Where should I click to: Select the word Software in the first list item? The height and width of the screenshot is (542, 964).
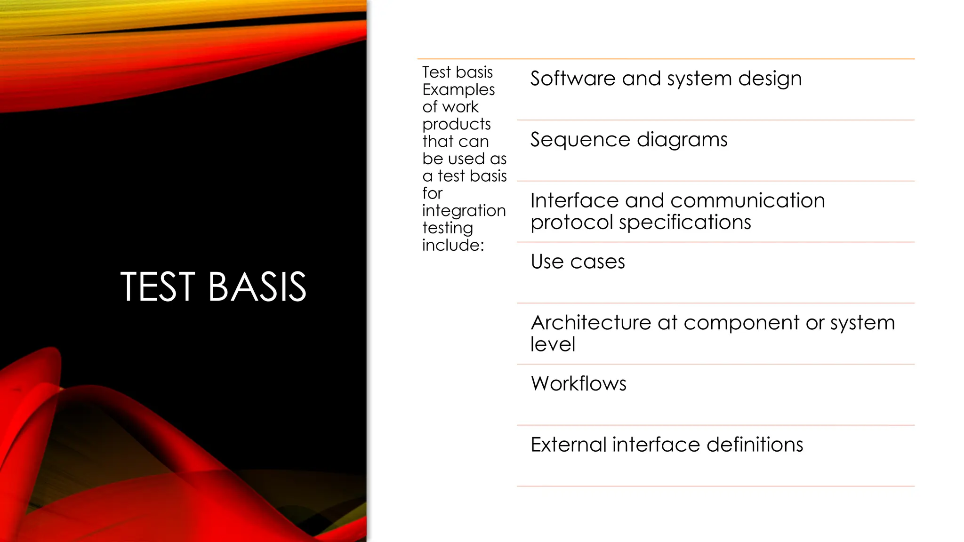(572, 78)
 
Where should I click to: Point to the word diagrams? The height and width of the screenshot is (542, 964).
(682, 140)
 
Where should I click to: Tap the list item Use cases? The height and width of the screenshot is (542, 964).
(578, 262)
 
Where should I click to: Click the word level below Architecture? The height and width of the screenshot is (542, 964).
(553, 344)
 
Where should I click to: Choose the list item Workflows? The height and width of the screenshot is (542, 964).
(578, 383)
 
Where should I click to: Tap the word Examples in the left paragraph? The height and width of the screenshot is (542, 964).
(458, 89)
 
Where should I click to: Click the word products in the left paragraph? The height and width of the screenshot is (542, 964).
(457, 124)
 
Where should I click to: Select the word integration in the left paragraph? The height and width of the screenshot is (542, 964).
(464, 210)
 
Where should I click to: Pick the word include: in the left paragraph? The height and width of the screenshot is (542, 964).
(453, 245)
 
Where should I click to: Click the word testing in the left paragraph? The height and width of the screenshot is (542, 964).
(448, 228)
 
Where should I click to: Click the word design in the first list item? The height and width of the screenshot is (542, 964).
(770, 78)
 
